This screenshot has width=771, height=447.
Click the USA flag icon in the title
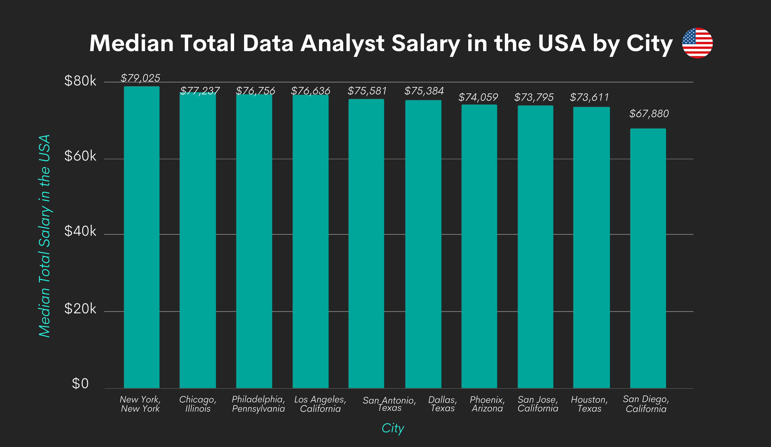pyautogui.click(x=697, y=43)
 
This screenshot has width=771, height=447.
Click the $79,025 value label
pyautogui.click(x=140, y=78)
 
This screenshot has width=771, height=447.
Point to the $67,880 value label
pyautogui.click(x=649, y=114)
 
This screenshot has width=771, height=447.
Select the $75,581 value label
pyautogui.click(x=367, y=91)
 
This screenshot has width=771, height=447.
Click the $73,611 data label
pyautogui.click(x=589, y=97)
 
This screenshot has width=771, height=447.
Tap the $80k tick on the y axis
pyautogui.click(x=80, y=81)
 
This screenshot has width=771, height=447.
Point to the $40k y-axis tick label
pyautogui.click(x=80, y=231)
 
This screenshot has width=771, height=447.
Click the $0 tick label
pyautogui.click(x=80, y=384)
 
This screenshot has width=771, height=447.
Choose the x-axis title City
pyautogui.click(x=393, y=428)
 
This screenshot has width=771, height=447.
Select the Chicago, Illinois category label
pyautogui.click(x=198, y=404)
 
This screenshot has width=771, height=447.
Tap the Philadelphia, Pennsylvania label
pyautogui.click(x=258, y=404)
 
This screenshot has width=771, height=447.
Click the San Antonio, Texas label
pyautogui.click(x=389, y=404)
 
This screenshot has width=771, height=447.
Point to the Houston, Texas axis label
pyautogui.click(x=589, y=404)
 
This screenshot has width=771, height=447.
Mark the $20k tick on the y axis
pyautogui.click(x=80, y=309)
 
